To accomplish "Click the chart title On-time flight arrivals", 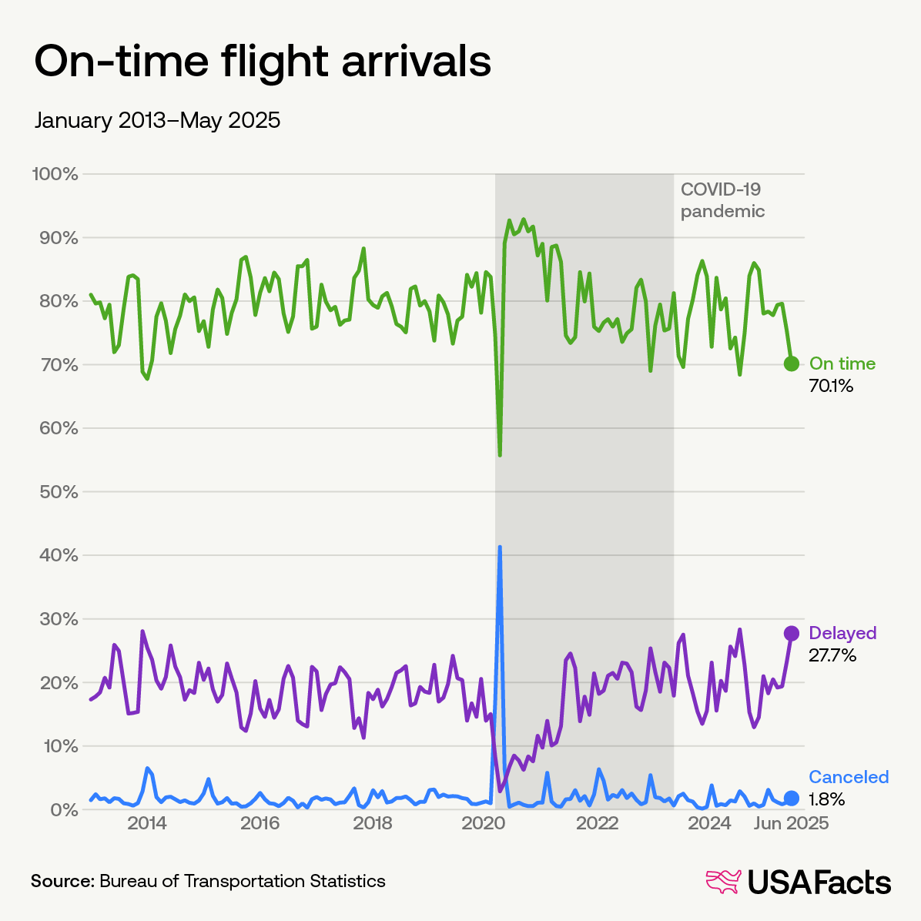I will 263,62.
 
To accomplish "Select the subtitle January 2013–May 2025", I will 157,121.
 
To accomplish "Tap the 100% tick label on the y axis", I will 55,174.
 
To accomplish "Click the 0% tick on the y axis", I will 62,809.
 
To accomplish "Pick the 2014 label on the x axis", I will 147,823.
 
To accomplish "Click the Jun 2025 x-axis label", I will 791,823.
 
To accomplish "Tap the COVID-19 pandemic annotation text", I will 722,200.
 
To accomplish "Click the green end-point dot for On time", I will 791,363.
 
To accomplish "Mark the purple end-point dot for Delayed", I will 791,633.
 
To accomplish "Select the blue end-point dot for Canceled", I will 791,798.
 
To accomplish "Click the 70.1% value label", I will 830,386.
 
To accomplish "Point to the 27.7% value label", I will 832,655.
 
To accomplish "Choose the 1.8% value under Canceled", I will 826,799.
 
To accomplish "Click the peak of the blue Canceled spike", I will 500,547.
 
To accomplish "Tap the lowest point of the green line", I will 500,455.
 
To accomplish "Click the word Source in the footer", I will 61,880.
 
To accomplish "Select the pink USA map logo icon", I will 723,882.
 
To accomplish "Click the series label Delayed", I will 842,633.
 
